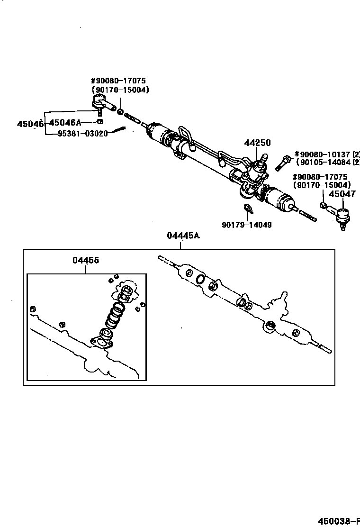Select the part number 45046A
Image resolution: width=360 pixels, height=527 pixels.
click(x=65, y=123)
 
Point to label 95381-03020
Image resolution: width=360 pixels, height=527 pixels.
click(x=82, y=134)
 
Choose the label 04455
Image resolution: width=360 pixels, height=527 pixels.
click(x=86, y=260)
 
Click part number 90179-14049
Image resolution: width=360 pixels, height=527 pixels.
click(x=246, y=225)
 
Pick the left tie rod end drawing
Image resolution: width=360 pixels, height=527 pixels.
click(x=101, y=104)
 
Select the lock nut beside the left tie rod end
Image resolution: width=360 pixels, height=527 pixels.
click(x=120, y=112)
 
